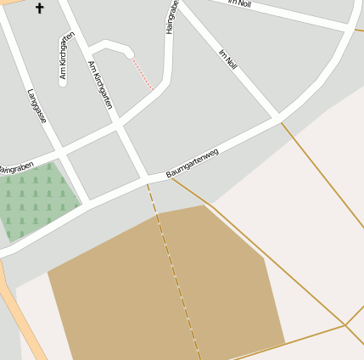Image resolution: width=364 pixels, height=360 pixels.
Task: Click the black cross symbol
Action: coord(39,8)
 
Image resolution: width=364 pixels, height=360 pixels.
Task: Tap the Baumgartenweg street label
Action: coord(193,163)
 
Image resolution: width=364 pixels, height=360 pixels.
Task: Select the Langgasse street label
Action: coord(36,106)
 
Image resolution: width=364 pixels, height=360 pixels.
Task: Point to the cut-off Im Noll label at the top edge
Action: coord(240,3)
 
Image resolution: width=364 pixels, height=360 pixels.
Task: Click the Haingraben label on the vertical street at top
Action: coord(172,17)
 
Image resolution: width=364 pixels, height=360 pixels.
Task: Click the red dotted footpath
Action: coord(143,73)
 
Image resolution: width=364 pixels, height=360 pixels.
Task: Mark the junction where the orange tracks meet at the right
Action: coord(344,324)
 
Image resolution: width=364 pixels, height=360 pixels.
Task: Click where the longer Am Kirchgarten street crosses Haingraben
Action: coord(120,130)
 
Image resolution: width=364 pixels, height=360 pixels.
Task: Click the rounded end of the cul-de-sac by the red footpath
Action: coord(130,55)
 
